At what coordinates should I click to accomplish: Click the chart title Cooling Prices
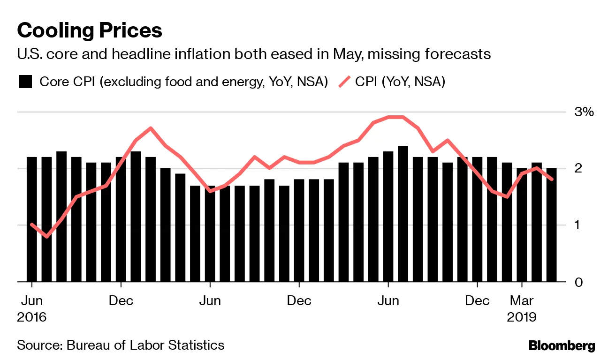[90, 31]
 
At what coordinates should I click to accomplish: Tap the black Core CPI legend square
[25, 82]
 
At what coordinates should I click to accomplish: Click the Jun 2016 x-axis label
[31, 308]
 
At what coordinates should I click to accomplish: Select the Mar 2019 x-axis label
[522, 308]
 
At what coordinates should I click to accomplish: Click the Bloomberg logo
[562, 346]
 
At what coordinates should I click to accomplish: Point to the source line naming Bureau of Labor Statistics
[121, 345]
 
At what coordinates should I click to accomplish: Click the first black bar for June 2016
[31, 219]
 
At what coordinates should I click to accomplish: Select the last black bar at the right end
[551, 225]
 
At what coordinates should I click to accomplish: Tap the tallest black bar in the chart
[403, 214]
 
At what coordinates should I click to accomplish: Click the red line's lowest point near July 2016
[46, 237]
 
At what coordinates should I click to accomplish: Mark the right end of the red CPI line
[551, 179]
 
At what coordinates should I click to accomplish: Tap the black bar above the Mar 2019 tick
[522, 225]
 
